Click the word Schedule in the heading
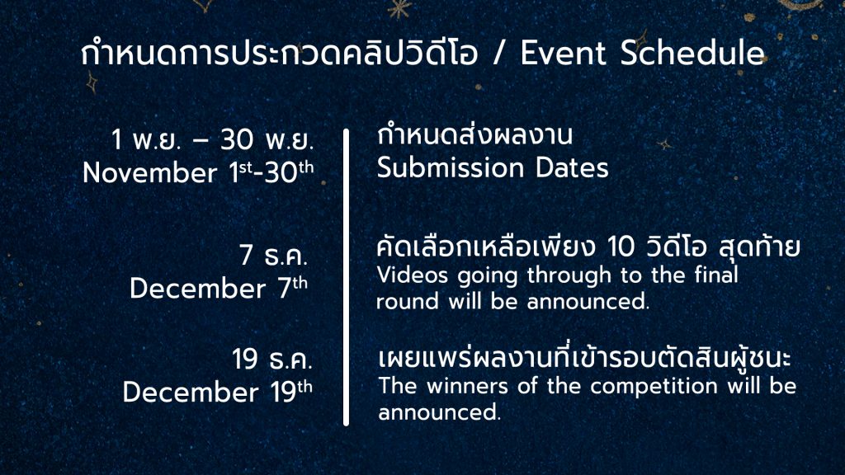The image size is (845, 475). [692, 53]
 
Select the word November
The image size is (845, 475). [150, 173]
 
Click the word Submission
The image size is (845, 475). [451, 167]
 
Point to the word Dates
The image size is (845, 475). [572, 167]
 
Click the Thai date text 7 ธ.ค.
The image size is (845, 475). [274, 255]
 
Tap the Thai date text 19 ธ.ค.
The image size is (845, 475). [272, 360]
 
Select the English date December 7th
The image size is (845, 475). [219, 288]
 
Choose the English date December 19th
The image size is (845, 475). [218, 392]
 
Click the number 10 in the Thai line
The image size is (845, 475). [621, 247]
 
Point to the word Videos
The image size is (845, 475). [413, 275]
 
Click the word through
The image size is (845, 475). [569, 276]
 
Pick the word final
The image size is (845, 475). [715, 275]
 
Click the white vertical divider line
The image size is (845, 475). [346, 277]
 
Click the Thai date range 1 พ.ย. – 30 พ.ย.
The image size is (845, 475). [212, 140]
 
